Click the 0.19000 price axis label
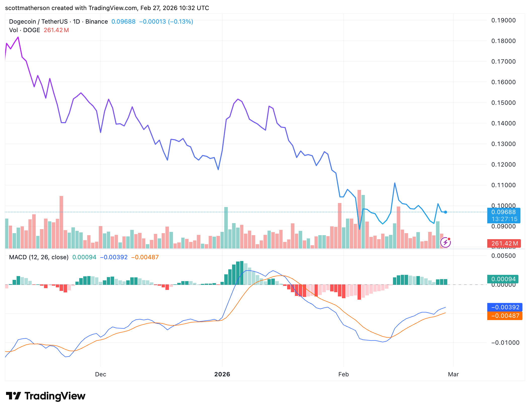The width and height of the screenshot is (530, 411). [503, 20]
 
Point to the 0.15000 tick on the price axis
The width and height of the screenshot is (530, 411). [503, 103]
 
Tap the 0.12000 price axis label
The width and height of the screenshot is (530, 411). [503, 165]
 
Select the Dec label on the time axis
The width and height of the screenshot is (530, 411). [101, 374]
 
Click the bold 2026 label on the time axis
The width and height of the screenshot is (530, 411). [222, 374]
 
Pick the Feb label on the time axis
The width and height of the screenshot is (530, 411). [343, 374]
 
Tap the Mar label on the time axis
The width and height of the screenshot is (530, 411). [453, 374]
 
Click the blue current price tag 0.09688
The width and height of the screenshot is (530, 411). [504, 212]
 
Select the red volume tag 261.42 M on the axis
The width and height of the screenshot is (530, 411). [504, 243]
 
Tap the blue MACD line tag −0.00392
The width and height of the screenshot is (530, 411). [505, 307]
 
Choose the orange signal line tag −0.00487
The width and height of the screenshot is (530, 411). [505, 316]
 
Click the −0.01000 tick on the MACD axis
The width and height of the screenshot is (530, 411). [505, 343]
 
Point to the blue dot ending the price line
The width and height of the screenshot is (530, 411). [446, 212]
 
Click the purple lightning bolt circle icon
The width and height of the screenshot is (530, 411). [446, 242]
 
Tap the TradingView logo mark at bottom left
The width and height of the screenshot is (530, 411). [13, 396]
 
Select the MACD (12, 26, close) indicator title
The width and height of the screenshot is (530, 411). [39, 257]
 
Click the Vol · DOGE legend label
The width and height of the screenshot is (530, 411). [25, 30]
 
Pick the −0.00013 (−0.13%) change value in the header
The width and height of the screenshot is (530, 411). [166, 22]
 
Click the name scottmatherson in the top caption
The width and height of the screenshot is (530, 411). [27, 8]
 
